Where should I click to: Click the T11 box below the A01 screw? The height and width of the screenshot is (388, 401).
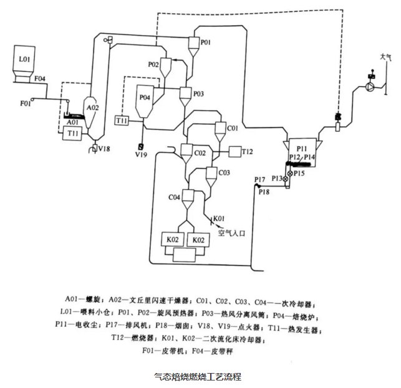(74, 134)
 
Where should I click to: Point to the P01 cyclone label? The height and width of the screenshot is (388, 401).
(205, 42)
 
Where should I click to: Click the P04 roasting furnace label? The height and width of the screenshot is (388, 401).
(145, 98)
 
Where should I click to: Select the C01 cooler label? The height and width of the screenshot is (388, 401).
(233, 128)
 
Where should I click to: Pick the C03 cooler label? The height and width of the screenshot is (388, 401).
(225, 172)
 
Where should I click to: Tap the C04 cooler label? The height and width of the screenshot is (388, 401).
(175, 197)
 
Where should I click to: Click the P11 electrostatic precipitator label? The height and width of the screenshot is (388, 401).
(302, 147)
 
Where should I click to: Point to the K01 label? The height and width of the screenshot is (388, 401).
(219, 217)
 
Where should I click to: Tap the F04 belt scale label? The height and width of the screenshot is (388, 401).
(40, 79)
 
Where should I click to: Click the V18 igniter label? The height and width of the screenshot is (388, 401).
(104, 148)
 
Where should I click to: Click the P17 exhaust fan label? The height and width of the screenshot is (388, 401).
(260, 181)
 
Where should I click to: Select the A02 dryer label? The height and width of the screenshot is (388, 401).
(92, 107)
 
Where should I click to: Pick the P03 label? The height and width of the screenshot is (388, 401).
(198, 94)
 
